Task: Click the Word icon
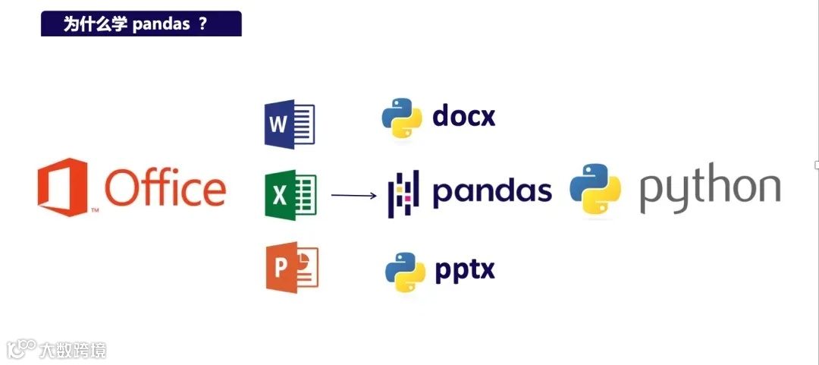(289, 124)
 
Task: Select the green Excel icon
(290, 195)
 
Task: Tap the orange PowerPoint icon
(292, 267)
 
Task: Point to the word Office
(165, 187)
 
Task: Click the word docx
(463, 116)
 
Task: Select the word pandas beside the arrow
(492, 191)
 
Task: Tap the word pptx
(464, 269)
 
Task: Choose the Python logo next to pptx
(404, 271)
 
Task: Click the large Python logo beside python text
(595, 191)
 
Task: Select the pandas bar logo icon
(403, 194)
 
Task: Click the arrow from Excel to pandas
(353, 196)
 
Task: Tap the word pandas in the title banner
(161, 24)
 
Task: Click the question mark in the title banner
(202, 24)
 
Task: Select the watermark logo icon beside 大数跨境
(22, 348)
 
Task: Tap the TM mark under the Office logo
(95, 209)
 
